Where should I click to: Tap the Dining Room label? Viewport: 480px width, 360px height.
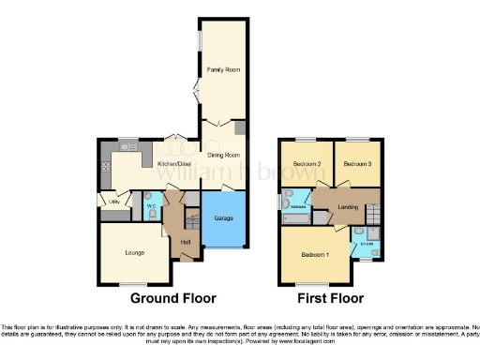pyautogui.click(x=224, y=155)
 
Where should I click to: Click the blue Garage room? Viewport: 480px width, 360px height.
pyautogui.click(x=224, y=217)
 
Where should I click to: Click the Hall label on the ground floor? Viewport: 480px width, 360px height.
pyautogui.click(x=186, y=243)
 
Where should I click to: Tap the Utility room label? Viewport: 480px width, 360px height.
pyautogui.click(x=113, y=201)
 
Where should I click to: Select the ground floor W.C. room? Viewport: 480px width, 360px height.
pyautogui.click(x=151, y=208)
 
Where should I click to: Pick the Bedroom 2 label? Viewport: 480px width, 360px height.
pyautogui.click(x=307, y=164)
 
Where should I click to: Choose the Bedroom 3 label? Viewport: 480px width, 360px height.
pyautogui.click(x=357, y=164)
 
